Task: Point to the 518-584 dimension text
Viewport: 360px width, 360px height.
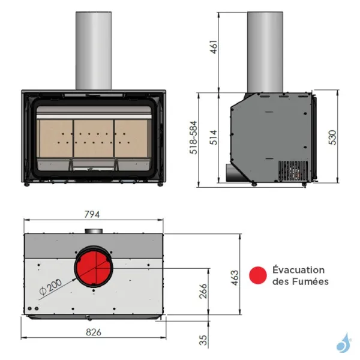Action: pos(194,139)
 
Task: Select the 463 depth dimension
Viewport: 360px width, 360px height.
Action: pos(235,276)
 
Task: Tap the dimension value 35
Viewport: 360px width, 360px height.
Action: pos(203,340)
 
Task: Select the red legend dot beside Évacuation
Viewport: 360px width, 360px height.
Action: pos(258,275)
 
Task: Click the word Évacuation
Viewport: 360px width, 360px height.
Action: pos(298,270)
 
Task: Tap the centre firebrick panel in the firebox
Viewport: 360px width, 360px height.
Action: pos(93,138)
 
